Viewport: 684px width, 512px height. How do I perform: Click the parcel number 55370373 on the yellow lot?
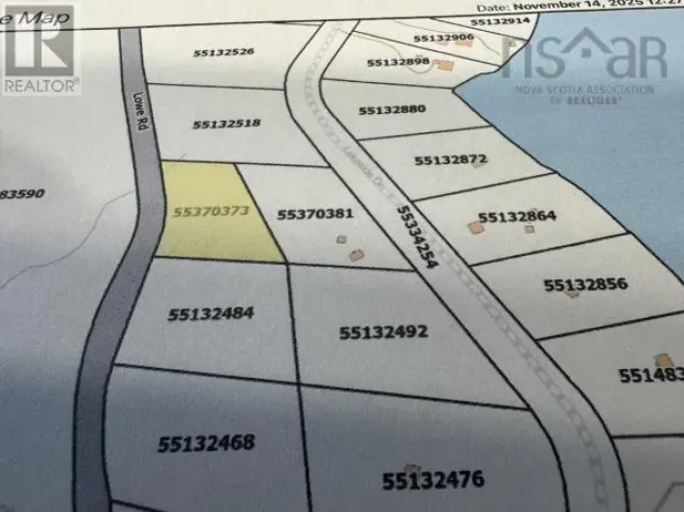pyautogui.click(x=211, y=211)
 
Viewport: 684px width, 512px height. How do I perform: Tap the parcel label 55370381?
pyautogui.click(x=315, y=214)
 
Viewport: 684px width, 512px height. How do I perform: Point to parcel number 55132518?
pyautogui.click(x=226, y=124)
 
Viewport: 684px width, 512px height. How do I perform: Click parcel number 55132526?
pyautogui.click(x=223, y=51)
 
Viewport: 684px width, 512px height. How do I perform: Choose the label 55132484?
pyautogui.click(x=210, y=313)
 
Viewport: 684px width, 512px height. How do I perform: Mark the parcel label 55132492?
pyautogui.click(x=383, y=332)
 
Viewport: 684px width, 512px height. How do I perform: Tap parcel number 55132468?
pyautogui.click(x=206, y=443)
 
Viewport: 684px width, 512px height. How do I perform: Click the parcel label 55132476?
pyautogui.click(x=431, y=479)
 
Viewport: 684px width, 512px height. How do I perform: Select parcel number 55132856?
pyautogui.click(x=585, y=285)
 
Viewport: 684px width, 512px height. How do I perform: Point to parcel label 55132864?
pyautogui.click(x=517, y=217)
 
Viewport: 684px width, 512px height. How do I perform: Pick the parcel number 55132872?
pyautogui.click(x=450, y=159)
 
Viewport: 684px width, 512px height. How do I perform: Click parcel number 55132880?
pyautogui.click(x=392, y=110)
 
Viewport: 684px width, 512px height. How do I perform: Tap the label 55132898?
pyautogui.click(x=398, y=62)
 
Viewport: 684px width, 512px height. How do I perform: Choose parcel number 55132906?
pyautogui.click(x=443, y=38)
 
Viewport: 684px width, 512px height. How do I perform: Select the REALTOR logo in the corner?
pyautogui.click(x=39, y=48)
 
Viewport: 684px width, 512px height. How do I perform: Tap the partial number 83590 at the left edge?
pyautogui.click(x=21, y=193)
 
